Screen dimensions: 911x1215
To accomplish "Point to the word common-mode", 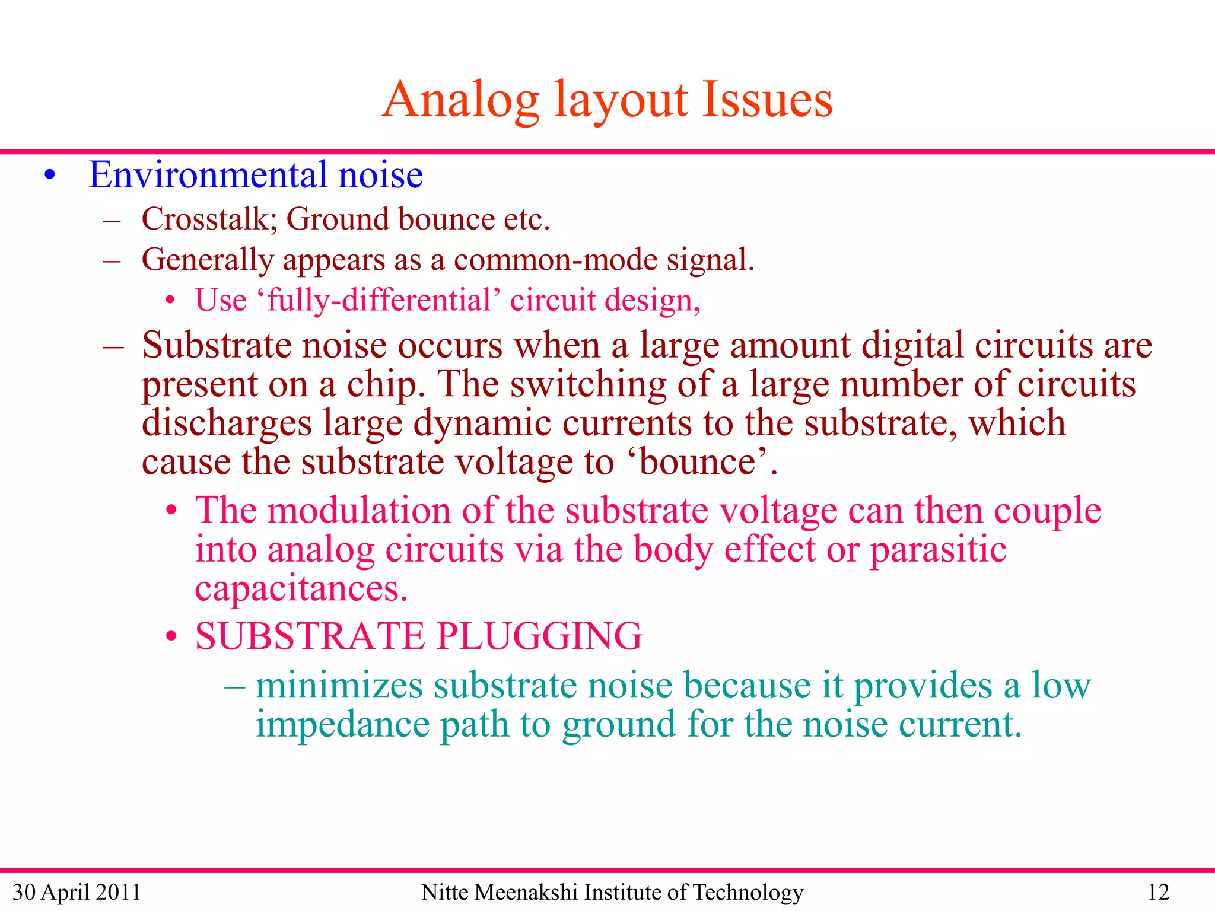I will pos(555,260).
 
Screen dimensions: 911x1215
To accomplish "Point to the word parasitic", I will pos(938,549).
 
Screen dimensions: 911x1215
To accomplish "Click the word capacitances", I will pos(301,588).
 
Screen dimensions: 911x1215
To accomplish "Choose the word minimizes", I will pos(339,686).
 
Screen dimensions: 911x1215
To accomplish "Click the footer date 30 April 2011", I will pos(77,892).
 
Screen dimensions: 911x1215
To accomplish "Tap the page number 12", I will pos(1158,892).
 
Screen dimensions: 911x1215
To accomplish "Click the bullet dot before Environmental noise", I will pos(50,176).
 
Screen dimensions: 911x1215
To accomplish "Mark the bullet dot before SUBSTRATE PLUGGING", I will pos(171,637).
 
